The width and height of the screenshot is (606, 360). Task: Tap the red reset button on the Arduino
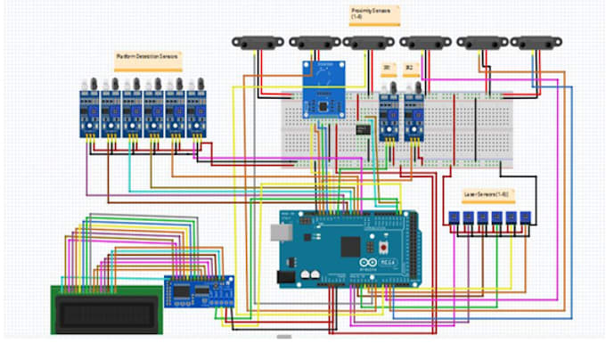tap(384, 245)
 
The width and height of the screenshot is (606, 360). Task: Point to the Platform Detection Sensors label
tap(147, 59)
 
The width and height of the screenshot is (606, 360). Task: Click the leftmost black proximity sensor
tap(258, 42)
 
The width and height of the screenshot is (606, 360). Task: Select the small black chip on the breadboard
tap(363, 130)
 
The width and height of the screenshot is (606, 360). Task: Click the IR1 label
tap(387, 67)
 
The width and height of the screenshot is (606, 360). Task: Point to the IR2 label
tap(409, 67)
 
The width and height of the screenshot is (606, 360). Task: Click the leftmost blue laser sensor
tap(454, 219)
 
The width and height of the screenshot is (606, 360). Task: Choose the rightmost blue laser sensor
tap(528, 219)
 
